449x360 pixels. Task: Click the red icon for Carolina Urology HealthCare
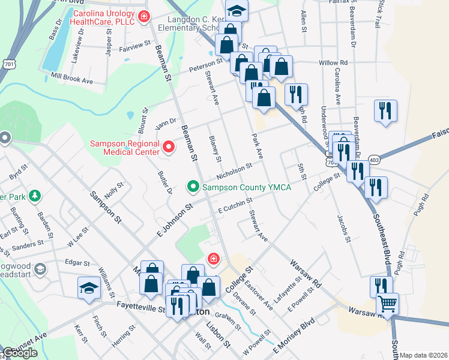pos(143,16)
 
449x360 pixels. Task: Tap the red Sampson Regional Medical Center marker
pos(169,146)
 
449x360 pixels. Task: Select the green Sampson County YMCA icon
pos(193,188)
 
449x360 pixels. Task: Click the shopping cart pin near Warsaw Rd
pos(387,305)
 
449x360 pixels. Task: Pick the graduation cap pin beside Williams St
pos(89,287)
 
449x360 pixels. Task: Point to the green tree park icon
pos(35,196)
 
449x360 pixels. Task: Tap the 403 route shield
pos(375,160)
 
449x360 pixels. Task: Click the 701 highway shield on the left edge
pos(8,62)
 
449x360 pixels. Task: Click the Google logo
pos(20,353)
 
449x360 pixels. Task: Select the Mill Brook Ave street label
pos(72,79)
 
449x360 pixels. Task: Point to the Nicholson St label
pos(234,172)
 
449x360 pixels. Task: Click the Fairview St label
pos(134,46)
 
